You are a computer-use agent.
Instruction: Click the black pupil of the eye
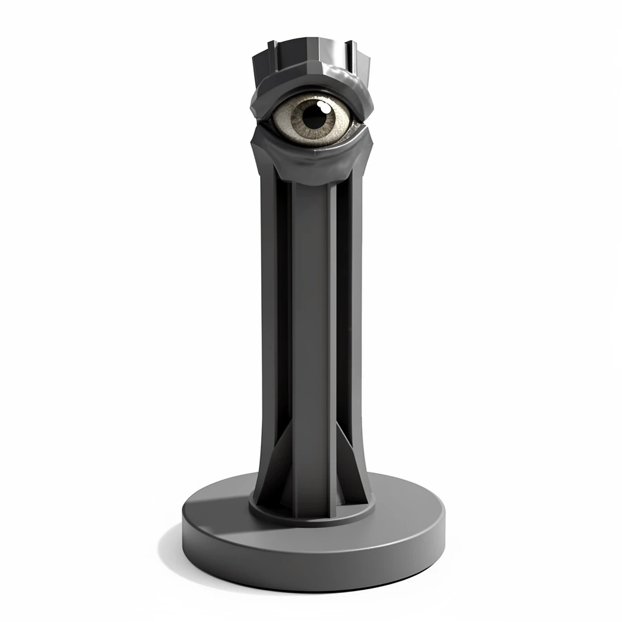(314, 114)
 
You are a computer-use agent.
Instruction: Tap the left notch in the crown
(272, 47)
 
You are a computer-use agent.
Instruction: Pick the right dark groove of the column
(344, 304)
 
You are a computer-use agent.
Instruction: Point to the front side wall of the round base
(313, 568)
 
